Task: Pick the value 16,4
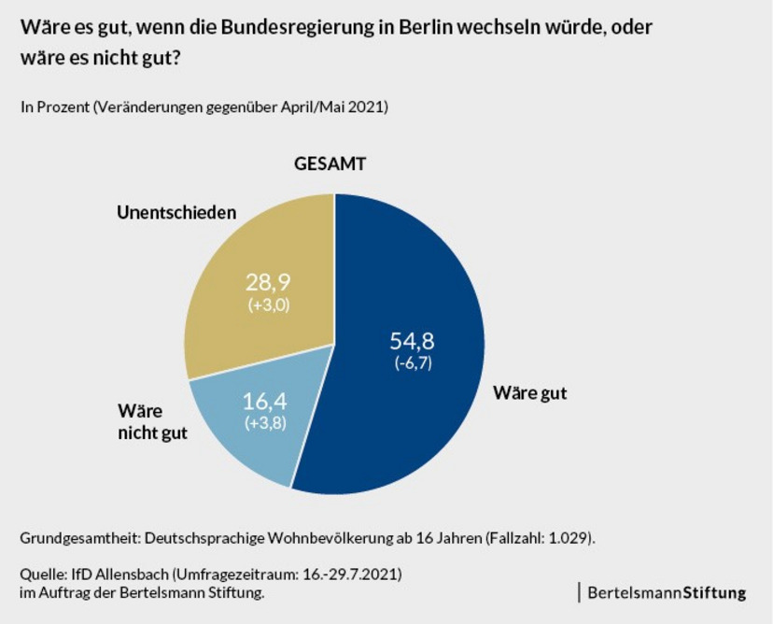[x=269, y=404]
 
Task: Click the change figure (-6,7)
[x=412, y=363]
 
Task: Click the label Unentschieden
[x=176, y=212]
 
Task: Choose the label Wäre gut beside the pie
[x=530, y=392]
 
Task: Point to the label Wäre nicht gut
[x=153, y=422]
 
